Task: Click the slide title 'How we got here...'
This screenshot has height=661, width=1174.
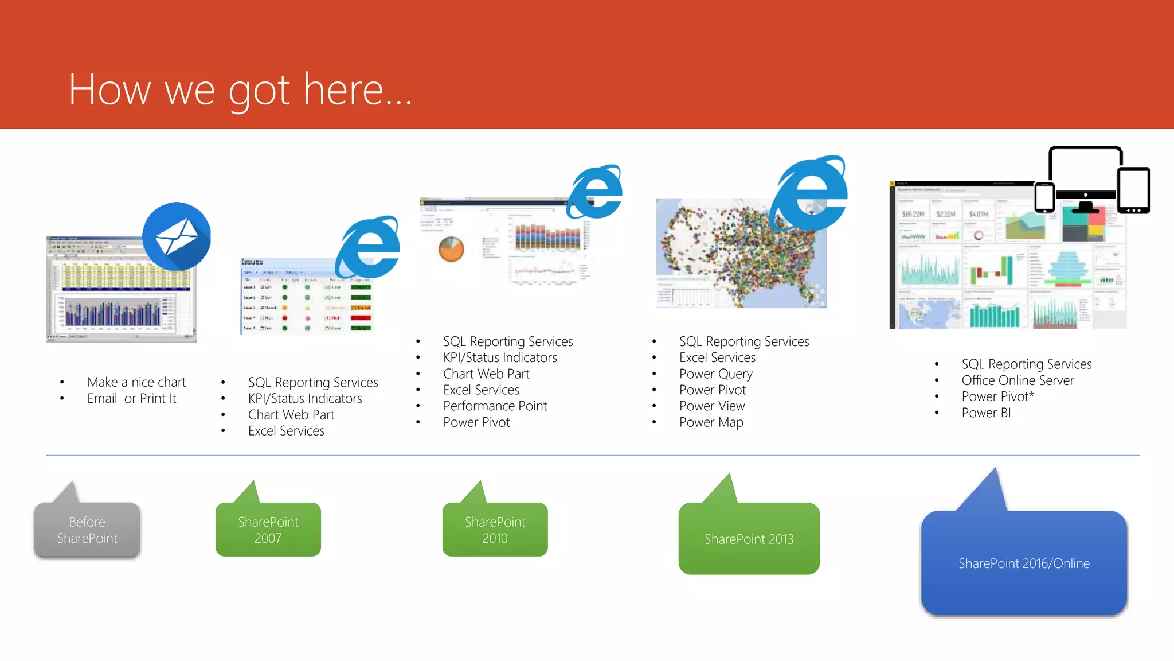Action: (240, 90)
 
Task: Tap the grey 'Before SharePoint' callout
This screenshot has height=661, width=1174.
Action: (87, 530)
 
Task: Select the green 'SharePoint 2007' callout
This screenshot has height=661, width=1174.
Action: (268, 530)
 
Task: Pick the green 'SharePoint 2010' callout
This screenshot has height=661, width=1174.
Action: (495, 530)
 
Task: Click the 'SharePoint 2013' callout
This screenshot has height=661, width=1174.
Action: (749, 539)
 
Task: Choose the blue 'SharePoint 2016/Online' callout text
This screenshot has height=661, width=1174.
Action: (1024, 563)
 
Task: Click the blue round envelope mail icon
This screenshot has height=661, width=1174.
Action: (177, 236)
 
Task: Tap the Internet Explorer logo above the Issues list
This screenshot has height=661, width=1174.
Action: (368, 247)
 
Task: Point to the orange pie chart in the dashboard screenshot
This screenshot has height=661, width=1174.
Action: (451, 250)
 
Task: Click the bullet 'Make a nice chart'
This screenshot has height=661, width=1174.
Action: (136, 382)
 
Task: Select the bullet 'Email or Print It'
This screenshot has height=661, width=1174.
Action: (131, 398)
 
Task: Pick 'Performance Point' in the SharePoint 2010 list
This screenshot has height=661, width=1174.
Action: (495, 406)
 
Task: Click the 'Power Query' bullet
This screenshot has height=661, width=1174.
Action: (715, 374)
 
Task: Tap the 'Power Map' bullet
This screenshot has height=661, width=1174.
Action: (711, 422)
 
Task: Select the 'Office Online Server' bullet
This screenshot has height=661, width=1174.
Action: (1018, 380)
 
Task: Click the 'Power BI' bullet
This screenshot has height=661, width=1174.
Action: (986, 413)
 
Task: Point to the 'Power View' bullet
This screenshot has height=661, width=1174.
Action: (712, 406)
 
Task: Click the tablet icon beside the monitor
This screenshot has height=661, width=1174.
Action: (1133, 190)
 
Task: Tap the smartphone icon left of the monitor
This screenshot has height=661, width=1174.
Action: (1044, 197)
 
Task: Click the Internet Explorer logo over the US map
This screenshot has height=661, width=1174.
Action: (809, 193)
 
